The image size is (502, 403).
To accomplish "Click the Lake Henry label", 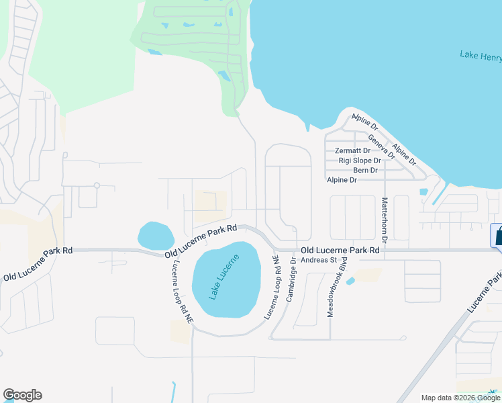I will tap(481, 56).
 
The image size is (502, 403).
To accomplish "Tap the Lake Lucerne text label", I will tap(223, 277).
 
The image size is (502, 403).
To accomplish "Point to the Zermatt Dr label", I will tap(352, 151).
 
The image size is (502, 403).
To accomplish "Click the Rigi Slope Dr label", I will tap(360, 161).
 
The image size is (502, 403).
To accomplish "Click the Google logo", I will tap(22, 395).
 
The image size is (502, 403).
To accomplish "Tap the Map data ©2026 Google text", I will tap(461, 398).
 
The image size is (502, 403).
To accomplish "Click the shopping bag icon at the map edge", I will tap(497, 236).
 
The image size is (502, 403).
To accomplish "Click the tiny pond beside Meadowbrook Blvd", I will tap(350, 281).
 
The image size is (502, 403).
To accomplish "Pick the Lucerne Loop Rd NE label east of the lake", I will tap(272, 287).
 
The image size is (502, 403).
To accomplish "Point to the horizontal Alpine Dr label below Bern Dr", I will tap(342, 180).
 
